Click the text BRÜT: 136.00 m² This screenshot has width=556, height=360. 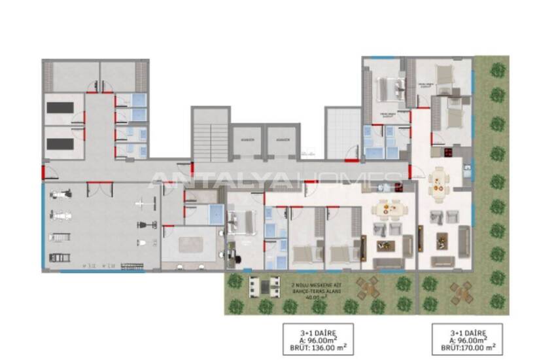(x=317, y=348)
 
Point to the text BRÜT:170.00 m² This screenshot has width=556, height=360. (x=467, y=348)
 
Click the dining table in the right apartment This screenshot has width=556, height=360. (x=438, y=183)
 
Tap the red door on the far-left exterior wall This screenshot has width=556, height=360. (x=43, y=173)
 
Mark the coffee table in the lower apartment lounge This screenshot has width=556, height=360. (x=386, y=246)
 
